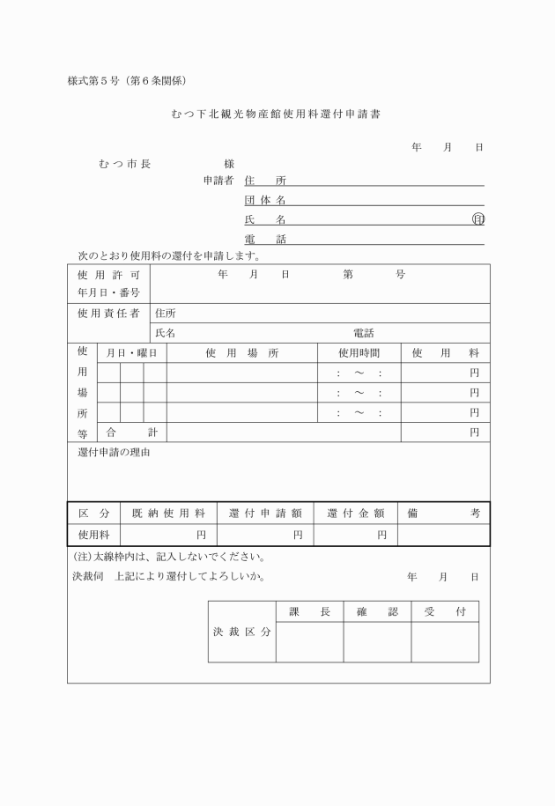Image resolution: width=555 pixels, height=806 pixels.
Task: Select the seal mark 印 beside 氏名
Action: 478,219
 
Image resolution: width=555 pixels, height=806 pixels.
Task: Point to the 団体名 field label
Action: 265,200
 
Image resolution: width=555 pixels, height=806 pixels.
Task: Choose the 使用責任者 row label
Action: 108,313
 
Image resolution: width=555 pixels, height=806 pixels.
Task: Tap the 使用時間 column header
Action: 359,352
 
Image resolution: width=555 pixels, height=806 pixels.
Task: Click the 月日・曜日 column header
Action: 131,352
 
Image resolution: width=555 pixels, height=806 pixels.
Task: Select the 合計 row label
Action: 131,432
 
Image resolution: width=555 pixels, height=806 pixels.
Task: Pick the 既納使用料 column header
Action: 168,513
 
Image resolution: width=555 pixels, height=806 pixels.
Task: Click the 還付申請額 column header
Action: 265,513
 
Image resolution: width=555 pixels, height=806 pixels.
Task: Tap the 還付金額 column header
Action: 356,513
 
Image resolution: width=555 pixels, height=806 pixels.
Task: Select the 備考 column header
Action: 443,513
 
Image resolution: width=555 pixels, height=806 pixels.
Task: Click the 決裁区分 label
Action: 241,632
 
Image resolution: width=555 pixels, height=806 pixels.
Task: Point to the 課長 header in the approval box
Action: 309,611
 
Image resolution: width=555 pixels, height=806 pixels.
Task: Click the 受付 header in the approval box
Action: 445,611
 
